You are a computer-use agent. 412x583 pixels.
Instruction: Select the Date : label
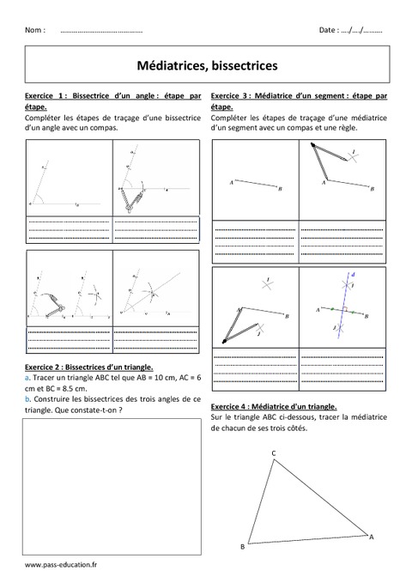(x=329, y=30)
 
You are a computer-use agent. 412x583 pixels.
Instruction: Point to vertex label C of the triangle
(x=273, y=452)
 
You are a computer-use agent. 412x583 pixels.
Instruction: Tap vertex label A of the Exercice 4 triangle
(x=371, y=537)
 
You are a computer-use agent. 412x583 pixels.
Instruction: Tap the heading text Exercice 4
(x=230, y=406)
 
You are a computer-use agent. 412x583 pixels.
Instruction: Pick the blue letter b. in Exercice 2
(x=28, y=399)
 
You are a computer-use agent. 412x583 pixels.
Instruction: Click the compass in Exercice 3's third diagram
(x=232, y=325)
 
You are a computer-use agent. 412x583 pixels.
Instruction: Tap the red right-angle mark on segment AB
(x=342, y=307)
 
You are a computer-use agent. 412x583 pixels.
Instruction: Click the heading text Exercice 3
(x=230, y=95)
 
